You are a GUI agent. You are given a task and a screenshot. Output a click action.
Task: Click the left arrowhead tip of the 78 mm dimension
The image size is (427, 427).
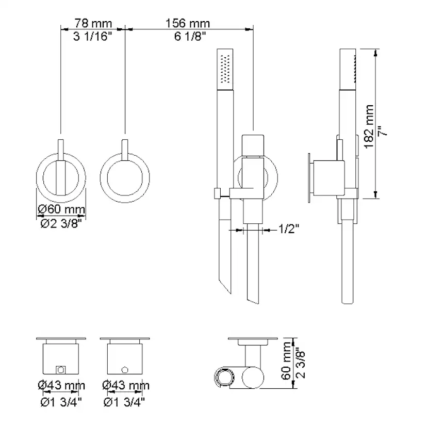pos(61,29)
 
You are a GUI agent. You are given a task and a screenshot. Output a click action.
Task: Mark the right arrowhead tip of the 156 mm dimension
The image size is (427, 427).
pos(253,29)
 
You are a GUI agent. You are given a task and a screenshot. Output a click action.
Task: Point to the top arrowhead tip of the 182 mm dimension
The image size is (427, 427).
pos(375,50)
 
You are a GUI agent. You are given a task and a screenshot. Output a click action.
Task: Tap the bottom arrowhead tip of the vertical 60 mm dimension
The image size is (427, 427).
pos(293,388)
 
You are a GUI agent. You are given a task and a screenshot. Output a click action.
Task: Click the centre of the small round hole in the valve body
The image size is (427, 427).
pos(125,370)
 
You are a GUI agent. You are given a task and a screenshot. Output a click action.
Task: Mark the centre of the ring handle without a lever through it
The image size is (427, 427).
pos(125,178)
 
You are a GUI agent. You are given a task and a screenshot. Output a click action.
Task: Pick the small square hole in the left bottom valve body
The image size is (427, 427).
pos(60,370)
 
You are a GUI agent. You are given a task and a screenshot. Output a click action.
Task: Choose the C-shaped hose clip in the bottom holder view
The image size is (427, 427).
pos(224,377)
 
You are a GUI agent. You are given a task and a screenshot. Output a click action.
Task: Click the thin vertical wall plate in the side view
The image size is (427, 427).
pos(309,178)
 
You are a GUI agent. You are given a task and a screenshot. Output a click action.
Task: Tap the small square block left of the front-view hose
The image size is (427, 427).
pos(218,193)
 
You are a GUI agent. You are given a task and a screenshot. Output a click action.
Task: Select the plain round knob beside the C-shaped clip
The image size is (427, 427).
pos(253,377)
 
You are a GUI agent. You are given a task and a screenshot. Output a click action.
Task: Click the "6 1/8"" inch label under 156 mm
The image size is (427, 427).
pos(190,36)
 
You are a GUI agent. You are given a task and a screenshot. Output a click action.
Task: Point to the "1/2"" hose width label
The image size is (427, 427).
pos(289,229)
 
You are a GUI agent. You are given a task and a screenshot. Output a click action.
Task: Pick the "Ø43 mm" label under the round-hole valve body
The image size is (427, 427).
pos(126,385)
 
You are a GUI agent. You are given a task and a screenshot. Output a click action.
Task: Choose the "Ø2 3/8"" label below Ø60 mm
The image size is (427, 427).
pos(61,224)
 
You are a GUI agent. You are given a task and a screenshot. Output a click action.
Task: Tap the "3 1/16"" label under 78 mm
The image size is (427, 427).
pos(93,36)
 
